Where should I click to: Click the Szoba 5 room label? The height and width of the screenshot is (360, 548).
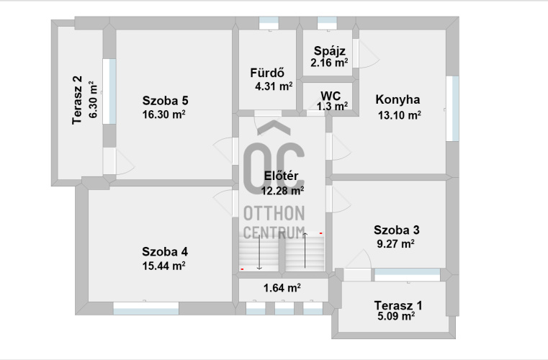pos(166,101)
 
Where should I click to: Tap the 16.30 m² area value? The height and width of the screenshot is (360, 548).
pos(163,114)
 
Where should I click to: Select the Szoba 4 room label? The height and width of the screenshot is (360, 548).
pos(165,252)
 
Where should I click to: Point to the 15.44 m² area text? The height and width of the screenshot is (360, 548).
pos(163,266)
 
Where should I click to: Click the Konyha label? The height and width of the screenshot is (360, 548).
pos(397,99)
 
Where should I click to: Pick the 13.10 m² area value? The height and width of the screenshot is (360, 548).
pos(399,115)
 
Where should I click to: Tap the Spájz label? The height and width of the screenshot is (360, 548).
pos(330,51)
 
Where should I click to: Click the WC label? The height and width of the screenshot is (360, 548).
pos(331,96)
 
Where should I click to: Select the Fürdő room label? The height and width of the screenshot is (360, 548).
pos(267,73)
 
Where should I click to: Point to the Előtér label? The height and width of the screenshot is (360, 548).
pos(281,176)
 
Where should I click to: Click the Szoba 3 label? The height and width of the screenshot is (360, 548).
pos(396,230)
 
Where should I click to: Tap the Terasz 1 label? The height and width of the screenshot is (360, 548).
pos(398,305)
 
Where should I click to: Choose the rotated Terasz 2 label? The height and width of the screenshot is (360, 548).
pos(77,100)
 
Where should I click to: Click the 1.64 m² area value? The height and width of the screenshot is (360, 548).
pos(282,288)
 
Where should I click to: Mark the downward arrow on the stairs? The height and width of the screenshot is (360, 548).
pos(259,252)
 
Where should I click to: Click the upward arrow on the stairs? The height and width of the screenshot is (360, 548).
pos(305,251)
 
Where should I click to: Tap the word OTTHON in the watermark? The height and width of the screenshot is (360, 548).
pos(274,213)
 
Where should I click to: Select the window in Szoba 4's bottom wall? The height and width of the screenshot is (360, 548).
pos(146,308)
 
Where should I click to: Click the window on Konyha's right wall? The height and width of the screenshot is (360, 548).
pos(453,109)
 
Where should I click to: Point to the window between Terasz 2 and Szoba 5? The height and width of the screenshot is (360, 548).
pos(109,91)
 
